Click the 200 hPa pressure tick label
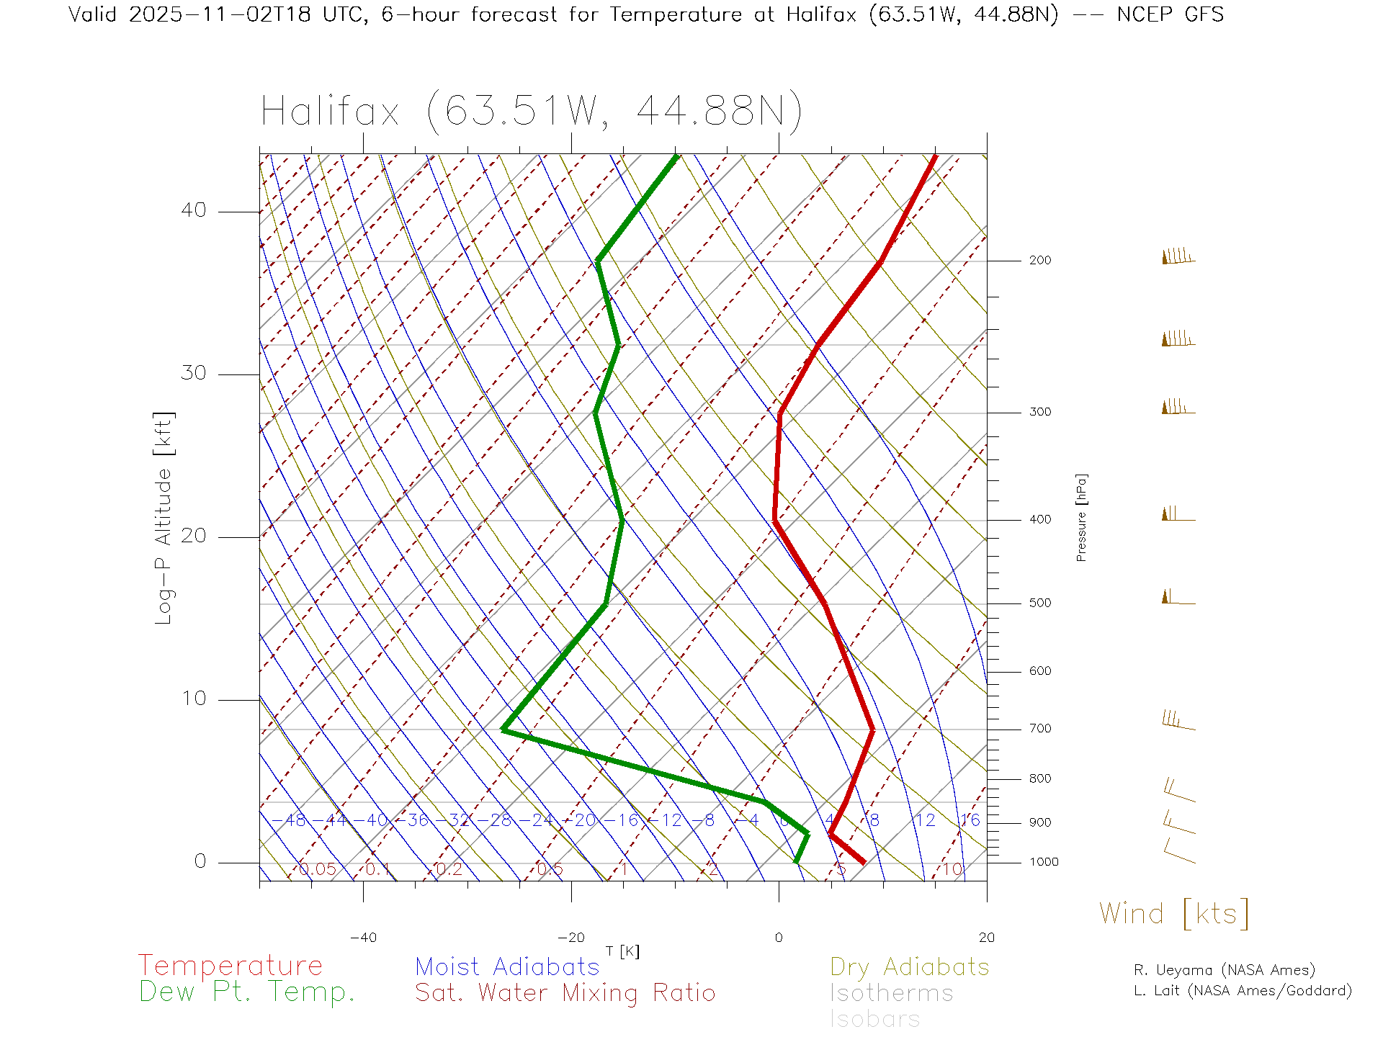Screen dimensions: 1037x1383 [x=1039, y=260]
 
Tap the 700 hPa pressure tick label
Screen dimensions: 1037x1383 [x=1039, y=729]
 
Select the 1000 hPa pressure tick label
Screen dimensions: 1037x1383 [x=1043, y=862]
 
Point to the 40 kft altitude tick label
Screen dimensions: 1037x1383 [x=193, y=210]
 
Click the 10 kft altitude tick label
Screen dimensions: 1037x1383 [x=193, y=699]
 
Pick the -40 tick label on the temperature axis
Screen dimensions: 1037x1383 [x=363, y=938]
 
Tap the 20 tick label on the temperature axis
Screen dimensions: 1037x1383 [x=986, y=938]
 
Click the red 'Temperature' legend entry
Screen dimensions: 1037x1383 [x=230, y=965]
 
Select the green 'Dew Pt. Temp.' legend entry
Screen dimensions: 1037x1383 [x=247, y=992]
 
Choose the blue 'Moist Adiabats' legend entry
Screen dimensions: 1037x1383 [x=508, y=966]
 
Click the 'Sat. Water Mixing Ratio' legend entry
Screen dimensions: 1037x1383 [x=565, y=992]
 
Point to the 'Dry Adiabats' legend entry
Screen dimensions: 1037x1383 [x=910, y=966]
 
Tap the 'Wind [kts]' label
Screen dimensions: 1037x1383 [x=1174, y=913]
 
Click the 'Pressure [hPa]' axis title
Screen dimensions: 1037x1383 [x=1081, y=517]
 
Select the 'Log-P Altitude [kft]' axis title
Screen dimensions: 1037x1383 [x=164, y=518]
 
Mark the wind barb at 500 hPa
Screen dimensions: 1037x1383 [x=1177, y=598]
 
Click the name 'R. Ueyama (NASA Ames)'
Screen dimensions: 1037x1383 [x=1225, y=970]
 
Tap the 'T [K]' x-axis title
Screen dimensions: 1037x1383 [x=622, y=951]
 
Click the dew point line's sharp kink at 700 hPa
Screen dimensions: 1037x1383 [x=503, y=730]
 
